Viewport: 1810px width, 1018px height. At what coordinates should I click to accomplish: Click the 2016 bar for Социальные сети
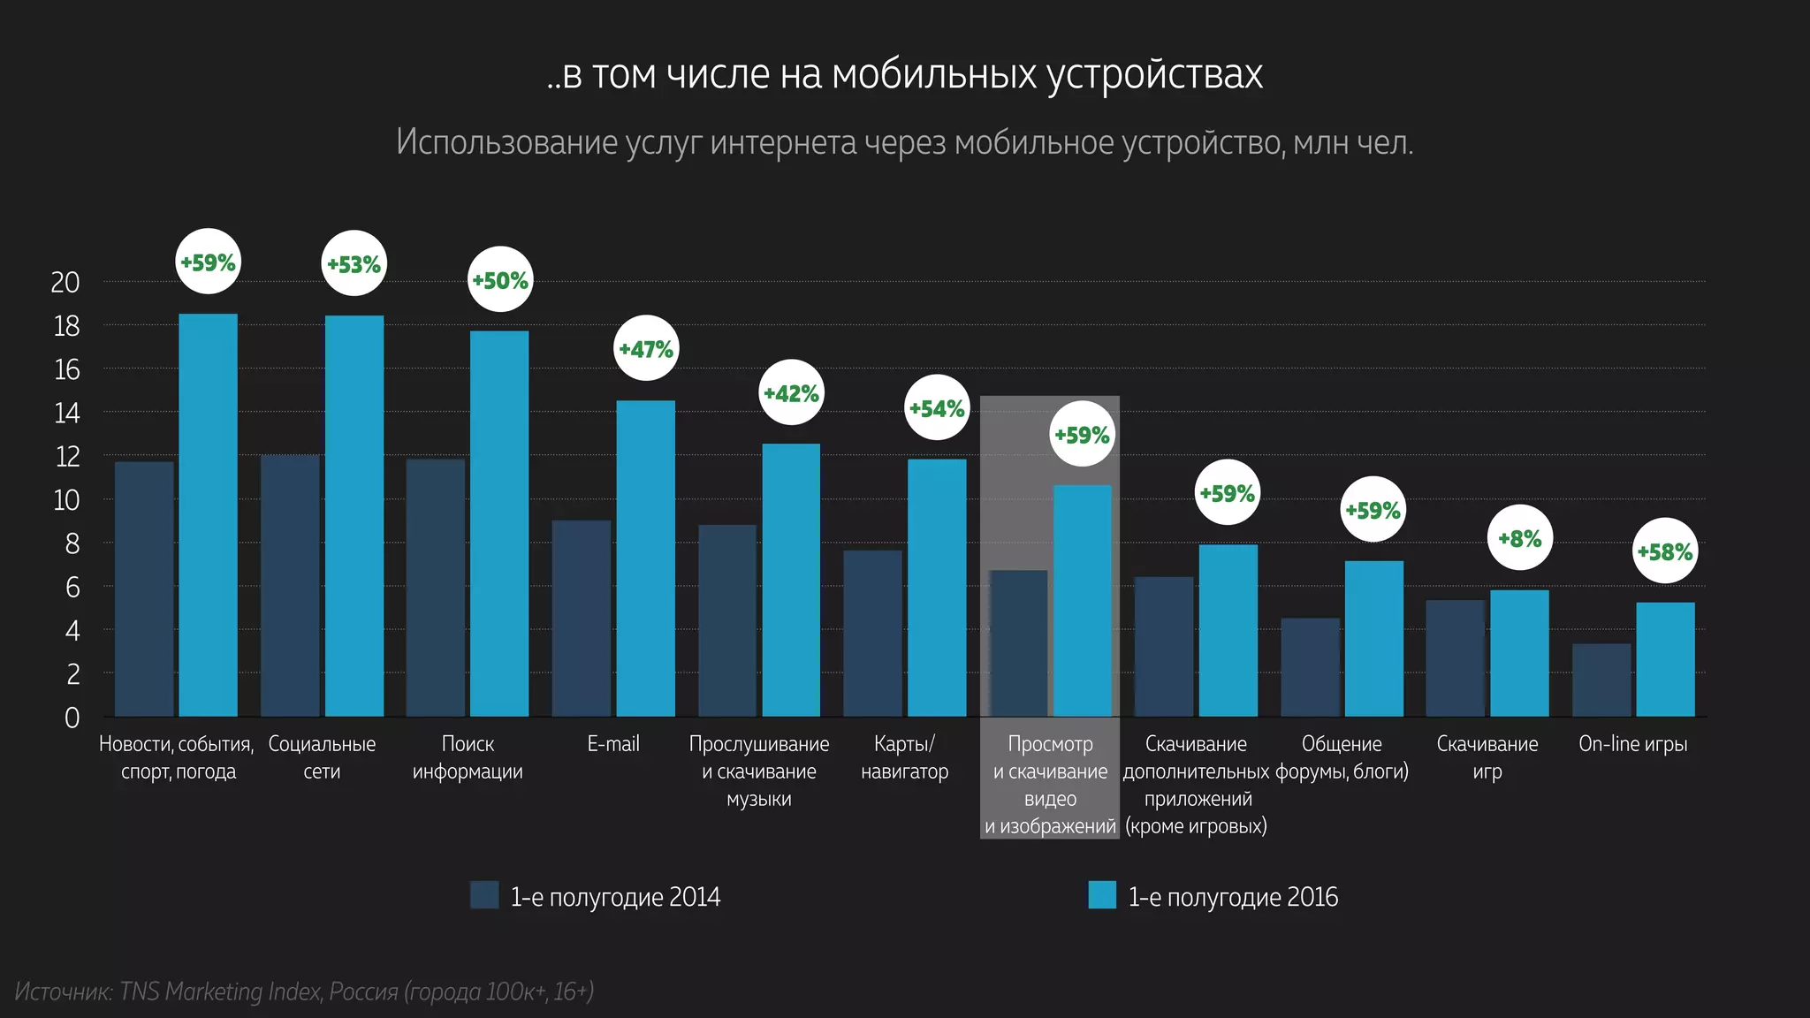[x=354, y=516]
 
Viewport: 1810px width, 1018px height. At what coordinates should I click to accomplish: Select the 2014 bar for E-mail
[x=582, y=619]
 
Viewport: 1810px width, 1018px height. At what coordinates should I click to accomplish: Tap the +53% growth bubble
[x=354, y=263]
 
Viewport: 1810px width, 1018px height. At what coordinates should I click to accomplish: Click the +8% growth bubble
[x=1519, y=537]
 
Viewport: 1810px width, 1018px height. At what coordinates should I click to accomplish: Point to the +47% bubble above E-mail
[x=646, y=348]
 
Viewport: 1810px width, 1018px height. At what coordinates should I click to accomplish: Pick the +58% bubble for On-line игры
[x=1665, y=551]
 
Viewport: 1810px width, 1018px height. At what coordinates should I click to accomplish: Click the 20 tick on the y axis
[x=65, y=282]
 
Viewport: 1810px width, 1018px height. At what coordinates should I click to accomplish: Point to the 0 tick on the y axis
[x=72, y=718]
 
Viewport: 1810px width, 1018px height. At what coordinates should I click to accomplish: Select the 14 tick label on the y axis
[x=66, y=413]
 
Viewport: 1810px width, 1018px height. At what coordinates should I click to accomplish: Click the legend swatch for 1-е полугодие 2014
[x=484, y=895]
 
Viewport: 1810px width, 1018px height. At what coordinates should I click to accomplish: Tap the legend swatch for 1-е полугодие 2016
[x=1102, y=895]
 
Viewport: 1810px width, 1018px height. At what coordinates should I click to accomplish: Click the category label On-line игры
[x=1632, y=744]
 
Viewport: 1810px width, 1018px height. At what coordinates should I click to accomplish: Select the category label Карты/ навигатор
[x=904, y=757]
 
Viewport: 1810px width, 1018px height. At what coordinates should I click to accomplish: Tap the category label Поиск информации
[x=468, y=757]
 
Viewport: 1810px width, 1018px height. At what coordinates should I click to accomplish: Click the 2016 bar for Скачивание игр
[x=1519, y=653]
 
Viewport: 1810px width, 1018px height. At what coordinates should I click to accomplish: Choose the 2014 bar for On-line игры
[x=1601, y=680]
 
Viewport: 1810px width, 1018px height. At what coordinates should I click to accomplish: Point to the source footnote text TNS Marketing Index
[x=219, y=991]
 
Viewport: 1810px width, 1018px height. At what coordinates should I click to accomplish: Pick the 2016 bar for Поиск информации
[x=499, y=523]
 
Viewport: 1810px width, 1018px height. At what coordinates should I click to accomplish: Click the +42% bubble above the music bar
[x=791, y=392]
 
